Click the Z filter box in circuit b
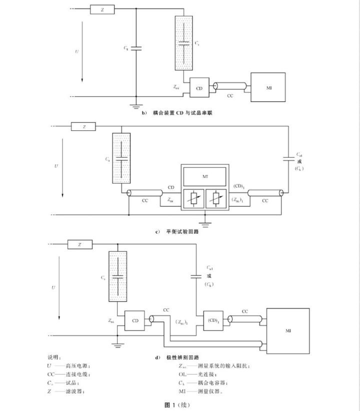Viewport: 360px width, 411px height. tap(102, 9)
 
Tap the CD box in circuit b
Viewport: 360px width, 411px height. tap(198, 87)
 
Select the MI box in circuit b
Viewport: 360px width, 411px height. tap(268, 87)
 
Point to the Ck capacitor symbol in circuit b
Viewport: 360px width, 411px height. tap(136, 48)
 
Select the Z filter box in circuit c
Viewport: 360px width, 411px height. tap(84, 127)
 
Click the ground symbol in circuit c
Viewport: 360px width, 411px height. tap(204, 220)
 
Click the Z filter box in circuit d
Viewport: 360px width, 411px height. tap(80, 244)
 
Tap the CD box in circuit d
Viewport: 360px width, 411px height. tap(135, 320)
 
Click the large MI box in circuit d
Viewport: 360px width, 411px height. tap(288, 330)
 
